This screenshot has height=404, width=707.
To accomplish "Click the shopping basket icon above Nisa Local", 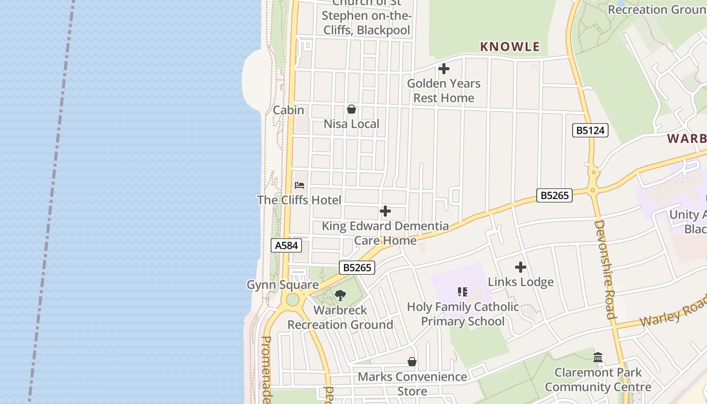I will (351, 109).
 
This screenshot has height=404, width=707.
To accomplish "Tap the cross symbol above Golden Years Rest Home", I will (444, 68).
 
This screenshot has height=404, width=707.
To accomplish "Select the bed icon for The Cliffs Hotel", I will (299, 185).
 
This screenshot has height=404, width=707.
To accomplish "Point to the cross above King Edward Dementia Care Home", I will (385, 211).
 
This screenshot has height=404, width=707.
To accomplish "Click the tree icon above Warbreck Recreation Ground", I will (340, 295).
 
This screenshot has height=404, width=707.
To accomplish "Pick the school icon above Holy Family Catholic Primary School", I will (463, 292).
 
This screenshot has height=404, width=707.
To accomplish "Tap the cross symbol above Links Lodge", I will (521, 267).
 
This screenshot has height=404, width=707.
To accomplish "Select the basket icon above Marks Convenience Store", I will (412, 362).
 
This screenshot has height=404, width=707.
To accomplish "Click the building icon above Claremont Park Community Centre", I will (598, 358).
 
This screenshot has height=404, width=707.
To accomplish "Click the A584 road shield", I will (286, 245).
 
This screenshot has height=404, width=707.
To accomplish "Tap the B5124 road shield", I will (590, 130).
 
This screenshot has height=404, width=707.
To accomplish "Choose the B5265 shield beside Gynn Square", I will (357, 268).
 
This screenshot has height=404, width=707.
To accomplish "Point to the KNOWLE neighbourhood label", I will (510, 47).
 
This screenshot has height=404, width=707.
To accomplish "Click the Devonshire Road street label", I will (604, 269).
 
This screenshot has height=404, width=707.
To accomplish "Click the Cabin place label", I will (288, 110).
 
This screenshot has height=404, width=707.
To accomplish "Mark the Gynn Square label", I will (282, 285).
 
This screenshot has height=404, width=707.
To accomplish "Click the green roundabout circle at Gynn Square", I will (292, 299).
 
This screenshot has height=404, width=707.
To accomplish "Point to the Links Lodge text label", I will (521, 282).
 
